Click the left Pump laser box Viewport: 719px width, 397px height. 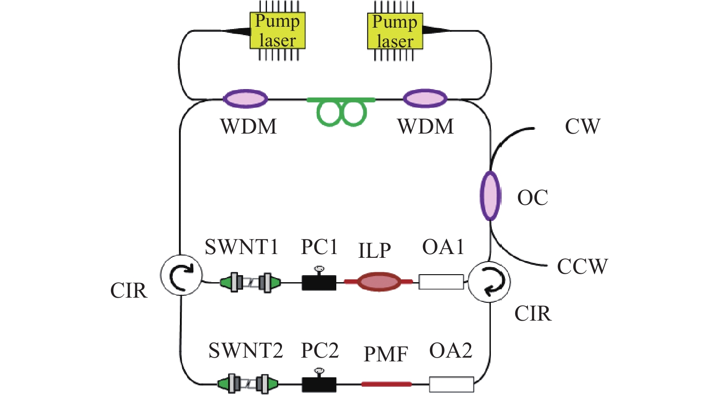(x=277, y=31)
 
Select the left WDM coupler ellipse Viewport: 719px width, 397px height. (x=245, y=99)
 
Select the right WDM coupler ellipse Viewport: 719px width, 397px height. (x=425, y=99)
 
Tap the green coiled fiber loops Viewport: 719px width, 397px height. (x=341, y=112)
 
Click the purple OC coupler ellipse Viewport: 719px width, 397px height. (x=490, y=196)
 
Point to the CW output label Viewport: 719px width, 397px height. (x=582, y=127)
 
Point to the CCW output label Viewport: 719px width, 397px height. (x=582, y=267)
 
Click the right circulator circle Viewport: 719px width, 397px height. (x=489, y=282)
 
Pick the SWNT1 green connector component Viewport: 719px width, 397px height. (x=251, y=283)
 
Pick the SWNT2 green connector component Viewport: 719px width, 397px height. (x=248, y=384)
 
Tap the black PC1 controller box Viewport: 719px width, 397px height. (x=319, y=283)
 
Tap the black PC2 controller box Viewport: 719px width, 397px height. (x=319, y=384)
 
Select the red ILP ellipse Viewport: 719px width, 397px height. (x=379, y=282)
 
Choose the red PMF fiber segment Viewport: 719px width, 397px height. (x=386, y=384)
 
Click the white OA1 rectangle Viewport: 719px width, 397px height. (x=441, y=282)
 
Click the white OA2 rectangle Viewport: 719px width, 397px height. (x=452, y=384)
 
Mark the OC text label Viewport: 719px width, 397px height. (x=533, y=198)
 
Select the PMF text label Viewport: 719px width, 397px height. (x=386, y=354)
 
